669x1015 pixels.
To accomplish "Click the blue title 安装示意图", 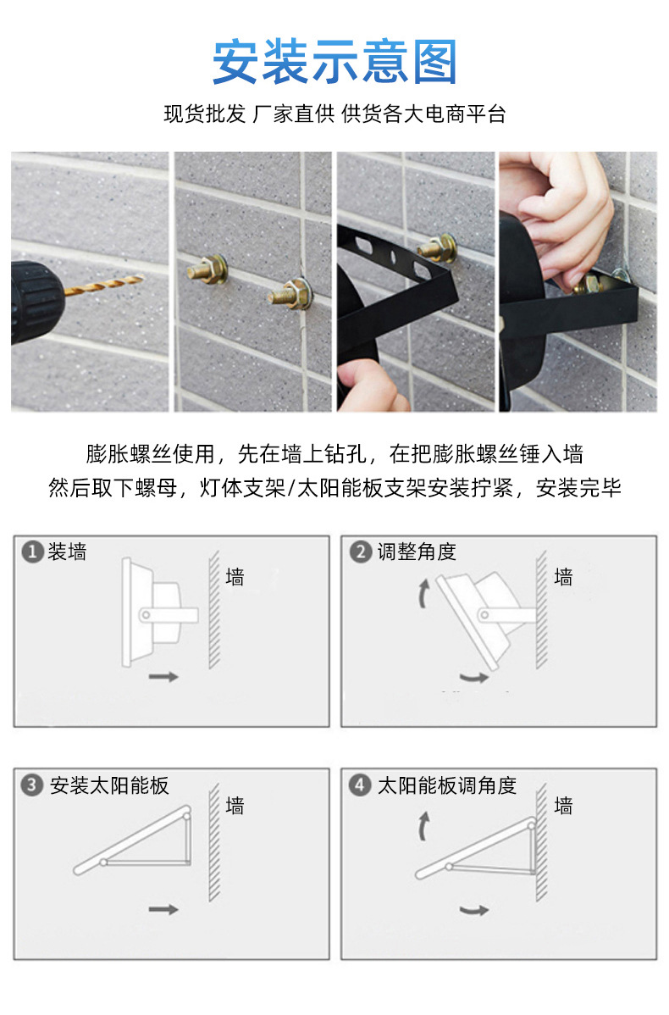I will [334, 62].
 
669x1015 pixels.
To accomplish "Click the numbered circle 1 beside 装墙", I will [32, 552].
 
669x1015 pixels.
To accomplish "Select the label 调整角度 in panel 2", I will [417, 552].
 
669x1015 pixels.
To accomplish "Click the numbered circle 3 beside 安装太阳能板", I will [32, 785].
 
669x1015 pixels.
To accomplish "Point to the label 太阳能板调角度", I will [447, 785].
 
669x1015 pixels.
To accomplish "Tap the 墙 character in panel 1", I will [235, 577].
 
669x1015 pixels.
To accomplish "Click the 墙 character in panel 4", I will [563, 806].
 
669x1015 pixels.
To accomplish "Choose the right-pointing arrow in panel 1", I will [163, 676].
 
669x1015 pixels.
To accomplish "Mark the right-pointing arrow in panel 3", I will [163, 909].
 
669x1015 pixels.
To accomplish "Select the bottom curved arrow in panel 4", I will [474, 910].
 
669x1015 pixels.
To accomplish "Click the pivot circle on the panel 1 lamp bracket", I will [147, 613].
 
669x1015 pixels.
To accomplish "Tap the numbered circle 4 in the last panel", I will [361, 785].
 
